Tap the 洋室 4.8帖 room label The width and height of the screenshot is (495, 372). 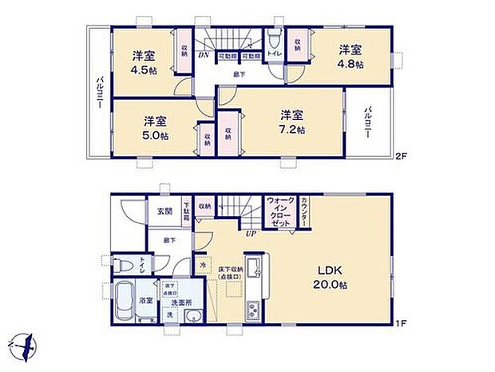pyautogui.click(x=350, y=54)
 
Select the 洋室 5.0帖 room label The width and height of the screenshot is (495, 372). pyautogui.click(x=155, y=129)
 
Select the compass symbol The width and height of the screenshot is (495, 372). pyautogui.click(x=25, y=346)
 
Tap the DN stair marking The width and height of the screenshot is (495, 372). pyautogui.click(x=204, y=56)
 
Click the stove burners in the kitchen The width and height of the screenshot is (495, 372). pyautogui.click(x=254, y=308)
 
